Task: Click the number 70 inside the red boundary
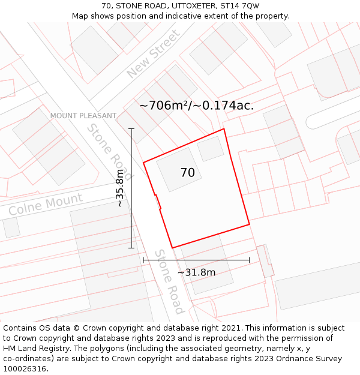click(x=187, y=173)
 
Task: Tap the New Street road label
click(x=153, y=55)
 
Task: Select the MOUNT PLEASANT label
click(x=83, y=116)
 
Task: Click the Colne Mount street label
click(x=45, y=205)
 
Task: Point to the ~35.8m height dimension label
click(x=120, y=188)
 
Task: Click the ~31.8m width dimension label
click(x=196, y=272)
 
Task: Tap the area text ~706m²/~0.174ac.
click(x=196, y=106)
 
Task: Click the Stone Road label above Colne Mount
click(x=110, y=151)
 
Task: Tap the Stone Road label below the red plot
click(x=169, y=281)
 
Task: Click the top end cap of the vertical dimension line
click(x=131, y=128)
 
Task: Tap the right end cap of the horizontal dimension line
click(x=249, y=260)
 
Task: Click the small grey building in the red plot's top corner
click(x=211, y=149)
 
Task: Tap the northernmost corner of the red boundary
click(x=224, y=129)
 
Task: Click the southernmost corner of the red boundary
click(x=173, y=248)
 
